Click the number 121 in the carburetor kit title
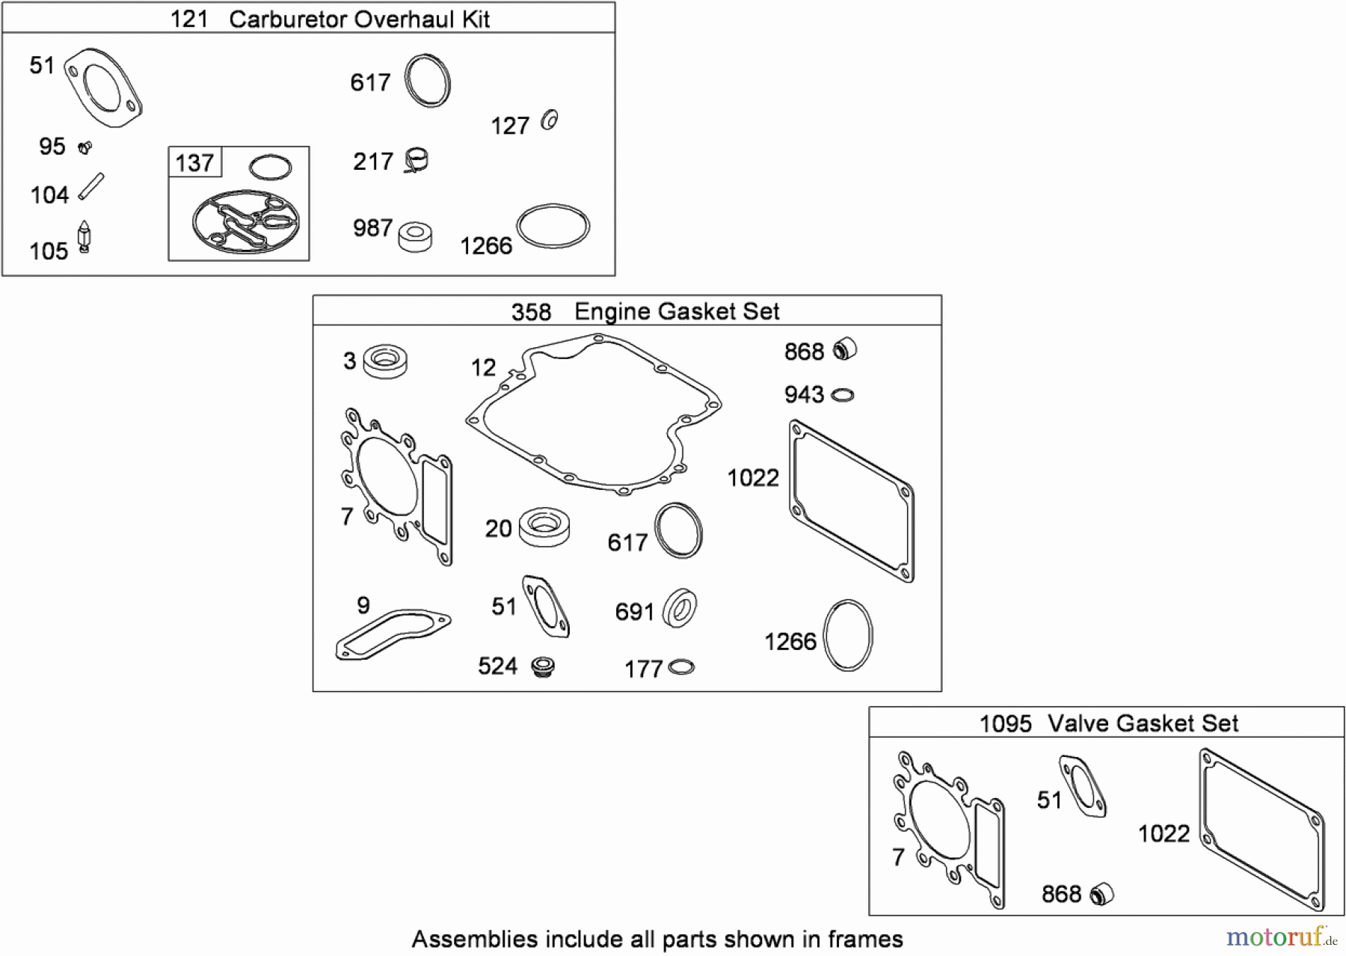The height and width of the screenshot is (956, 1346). click(189, 19)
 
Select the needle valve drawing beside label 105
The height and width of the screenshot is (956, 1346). click(84, 238)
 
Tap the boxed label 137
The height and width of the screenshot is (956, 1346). click(194, 162)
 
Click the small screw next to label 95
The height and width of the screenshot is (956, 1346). click(84, 147)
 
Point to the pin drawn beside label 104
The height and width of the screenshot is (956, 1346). click(91, 186)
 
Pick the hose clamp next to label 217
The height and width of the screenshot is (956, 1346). click(416, 160)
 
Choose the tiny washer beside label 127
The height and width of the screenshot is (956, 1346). click(550, 120)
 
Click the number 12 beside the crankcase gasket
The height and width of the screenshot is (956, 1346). click(483, 367)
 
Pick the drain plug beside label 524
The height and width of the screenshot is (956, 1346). click(541, 666)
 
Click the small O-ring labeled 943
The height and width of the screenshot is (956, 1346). click(843, 395)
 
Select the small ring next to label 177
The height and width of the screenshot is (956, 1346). click(681, 667)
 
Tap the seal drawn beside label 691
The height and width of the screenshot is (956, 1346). click(680, 608)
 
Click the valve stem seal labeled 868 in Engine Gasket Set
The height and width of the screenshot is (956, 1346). click(845, 349)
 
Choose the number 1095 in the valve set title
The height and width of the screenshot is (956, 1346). click(1005, 723)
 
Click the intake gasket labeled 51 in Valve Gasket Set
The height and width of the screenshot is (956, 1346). click(1082, 786)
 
